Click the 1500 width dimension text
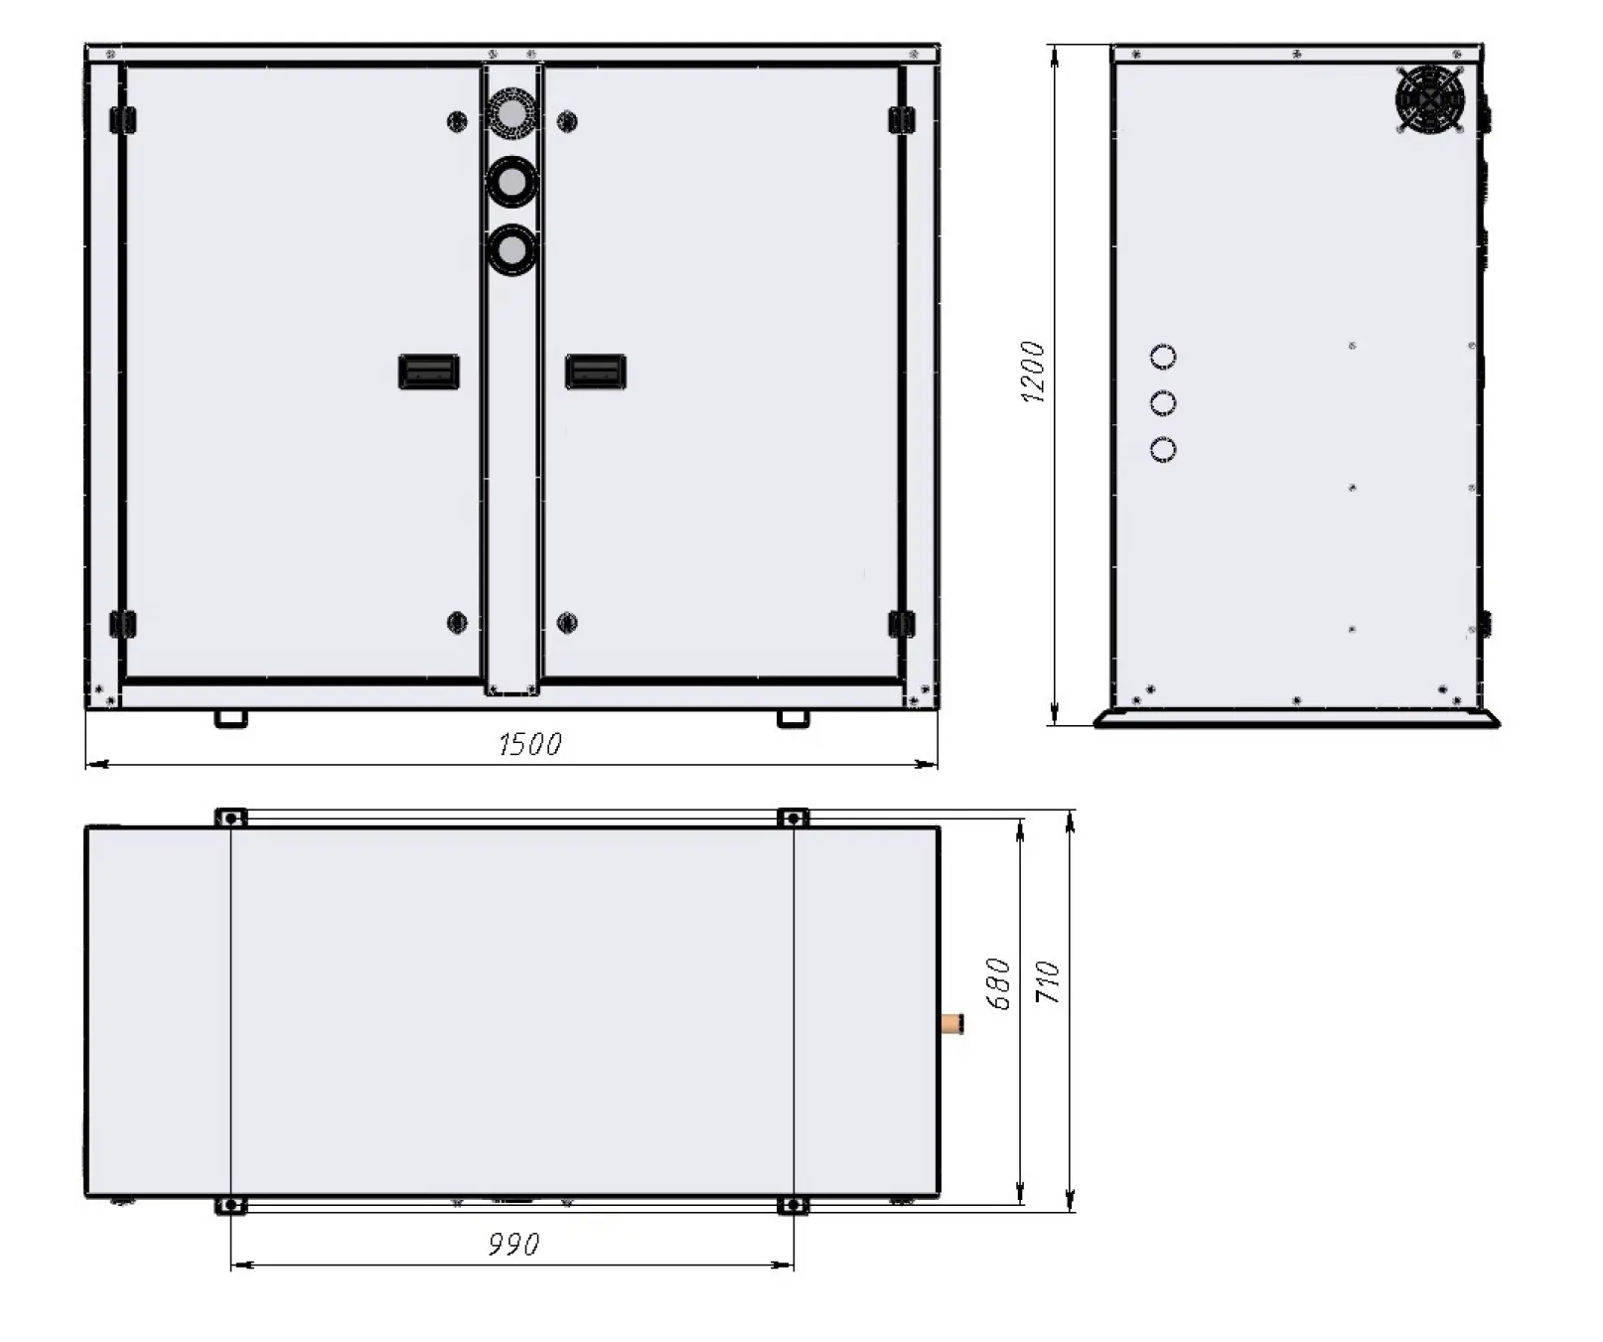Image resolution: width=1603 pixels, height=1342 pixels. pyautogui.click(x=529, y=744)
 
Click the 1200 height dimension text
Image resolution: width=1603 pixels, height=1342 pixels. pyautogui.click(x=1034, y=373)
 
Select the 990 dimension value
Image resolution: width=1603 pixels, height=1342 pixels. pyautogui.click(x=513, y=1244)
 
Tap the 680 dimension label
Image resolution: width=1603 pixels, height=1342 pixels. pyautogui.click(x=999, y=983)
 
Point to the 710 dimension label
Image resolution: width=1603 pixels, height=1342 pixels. pyautogui.click(x=1049, y=981)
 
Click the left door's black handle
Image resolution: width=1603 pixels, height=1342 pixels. pyautogui.click(x=428, y=372)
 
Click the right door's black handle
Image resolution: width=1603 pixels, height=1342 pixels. pyautogui.click(x=595, y=372)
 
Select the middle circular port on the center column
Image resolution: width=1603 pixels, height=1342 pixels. pyautogui.click(x=512, y=183)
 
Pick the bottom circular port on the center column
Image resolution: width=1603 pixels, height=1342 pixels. pyautogui.click(x=512, y=249)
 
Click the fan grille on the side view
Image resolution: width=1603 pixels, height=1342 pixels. pyautogui.click(x=1430, y=99)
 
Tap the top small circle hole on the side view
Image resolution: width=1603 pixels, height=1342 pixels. pyautogui.click(x=1163, y=356)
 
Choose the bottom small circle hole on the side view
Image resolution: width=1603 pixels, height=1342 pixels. pyautogui.click(x=1163, y=449)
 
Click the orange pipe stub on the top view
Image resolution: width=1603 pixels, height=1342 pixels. pyautogui.click(x=952, y=1023)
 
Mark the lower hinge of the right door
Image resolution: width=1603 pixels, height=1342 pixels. pyautogui.click(x=901, y=624)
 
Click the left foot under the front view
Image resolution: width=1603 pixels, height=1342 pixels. pyautogui.click(x=230, y=717)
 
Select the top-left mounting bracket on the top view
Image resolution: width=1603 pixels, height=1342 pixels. pyautogui.click(x=230, y=818)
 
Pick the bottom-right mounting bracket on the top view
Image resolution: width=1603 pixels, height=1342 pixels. pyautogui.click(x=793, y=1206)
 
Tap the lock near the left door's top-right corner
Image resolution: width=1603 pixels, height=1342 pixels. pyautogui.click(x=457, y=121)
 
